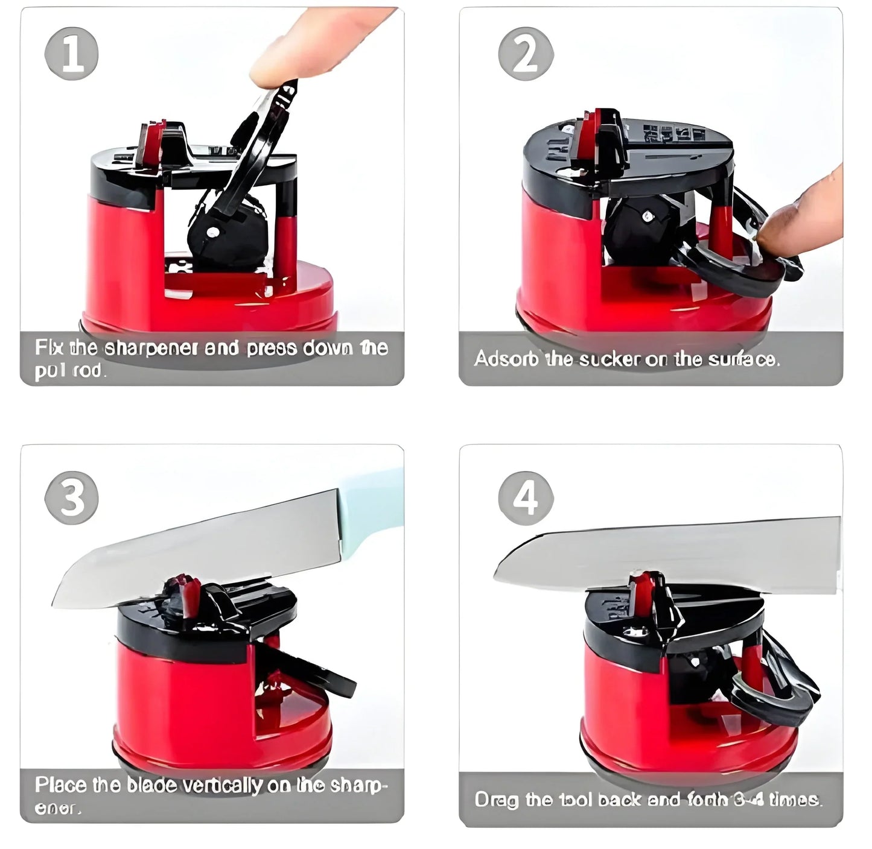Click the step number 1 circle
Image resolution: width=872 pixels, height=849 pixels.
[71, 54]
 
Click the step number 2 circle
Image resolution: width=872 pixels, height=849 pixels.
[525, 54]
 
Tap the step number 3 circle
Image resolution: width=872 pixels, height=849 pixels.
[71, 498]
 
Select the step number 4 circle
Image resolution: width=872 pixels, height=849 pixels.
[525, 498]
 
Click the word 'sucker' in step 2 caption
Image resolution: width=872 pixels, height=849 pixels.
[609, 359]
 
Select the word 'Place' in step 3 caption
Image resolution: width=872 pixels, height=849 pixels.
[61, 784]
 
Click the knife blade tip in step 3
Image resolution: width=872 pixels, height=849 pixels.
[57, 600]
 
